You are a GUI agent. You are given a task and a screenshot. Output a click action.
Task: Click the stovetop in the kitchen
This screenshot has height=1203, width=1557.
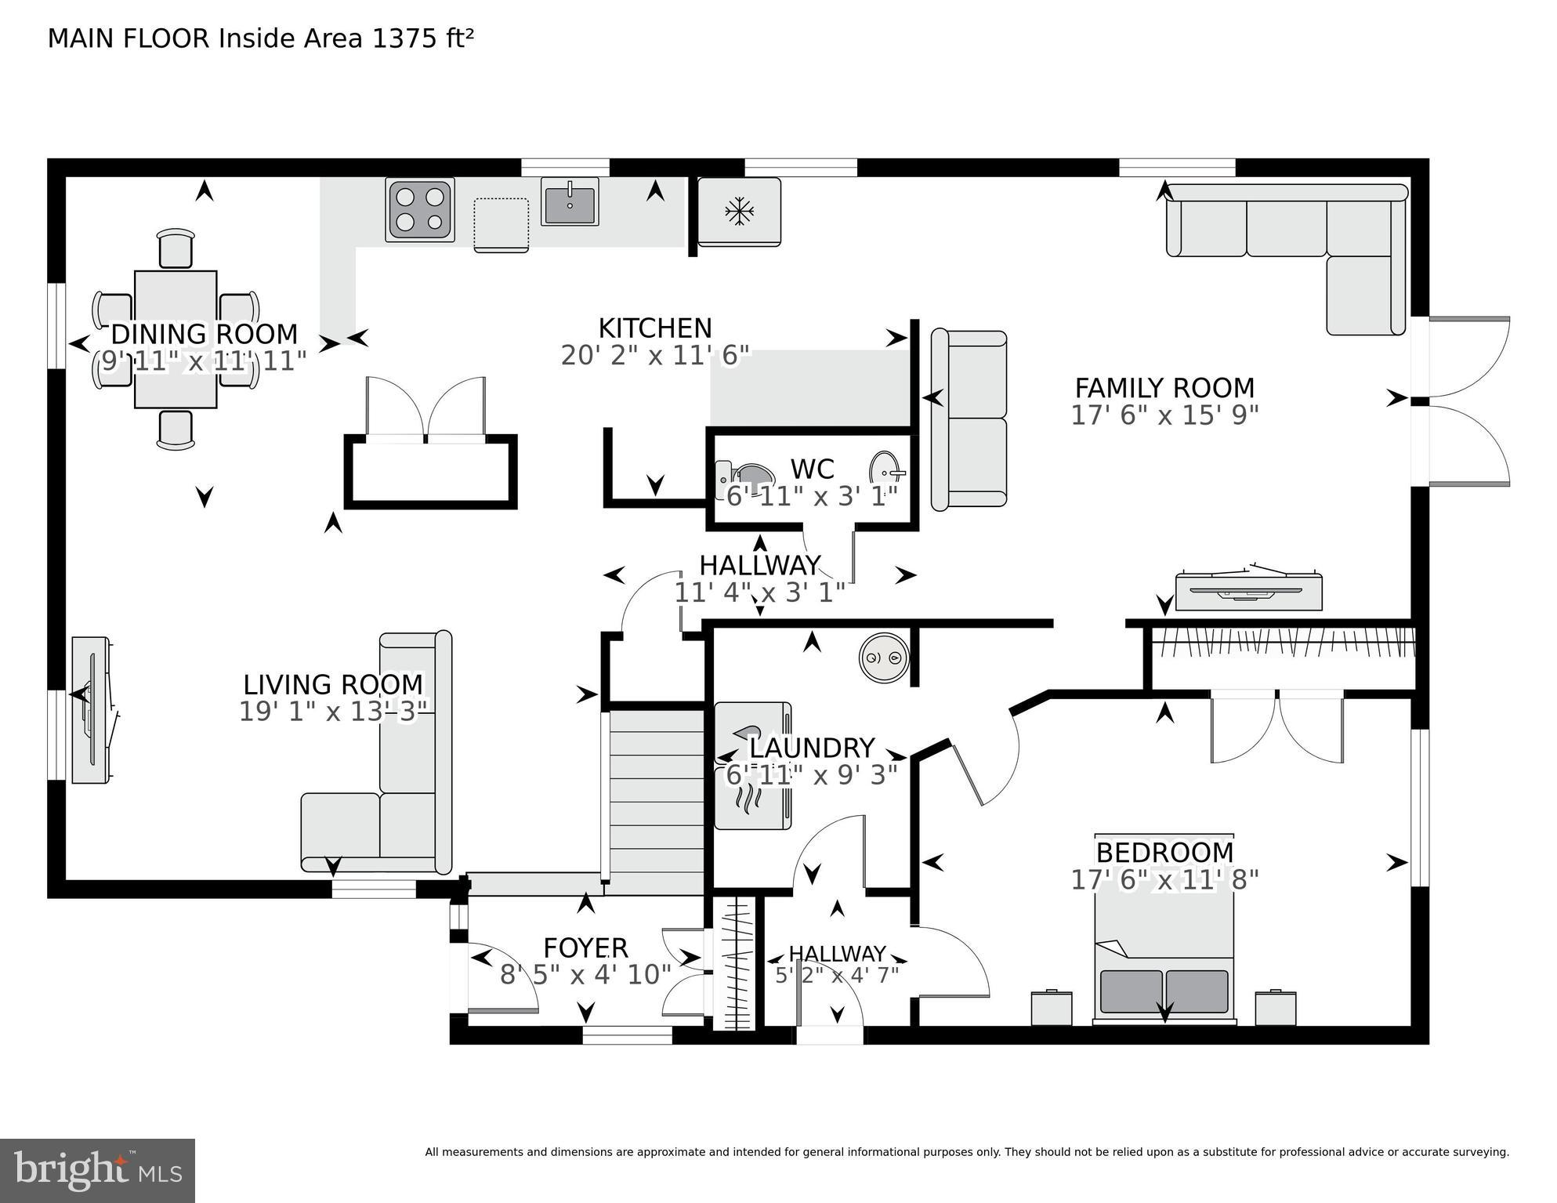pos(420,210)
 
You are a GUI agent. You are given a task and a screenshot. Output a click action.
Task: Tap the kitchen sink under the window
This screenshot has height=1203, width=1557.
pos(570,201)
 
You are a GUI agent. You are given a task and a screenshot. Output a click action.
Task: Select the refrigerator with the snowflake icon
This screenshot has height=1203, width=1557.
pos(739,212)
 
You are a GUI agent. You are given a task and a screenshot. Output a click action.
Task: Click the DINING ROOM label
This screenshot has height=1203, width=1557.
pos(205,335)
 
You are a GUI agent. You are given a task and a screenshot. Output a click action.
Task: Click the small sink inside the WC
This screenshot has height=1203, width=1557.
pos(887,470)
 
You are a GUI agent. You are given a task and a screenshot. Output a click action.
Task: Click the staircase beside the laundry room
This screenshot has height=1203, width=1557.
pos(657,799)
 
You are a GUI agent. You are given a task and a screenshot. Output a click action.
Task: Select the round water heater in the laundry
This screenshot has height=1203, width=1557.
pos(884,657)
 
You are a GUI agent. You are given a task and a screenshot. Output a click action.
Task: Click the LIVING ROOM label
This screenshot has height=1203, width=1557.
pos(333,685)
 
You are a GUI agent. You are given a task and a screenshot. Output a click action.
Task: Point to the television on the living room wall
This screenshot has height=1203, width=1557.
pos(92,709)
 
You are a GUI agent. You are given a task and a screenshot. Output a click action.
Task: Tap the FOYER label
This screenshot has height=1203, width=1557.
pos(585,948)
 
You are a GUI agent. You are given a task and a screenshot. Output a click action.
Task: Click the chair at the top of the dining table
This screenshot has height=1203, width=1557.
pos(175,249)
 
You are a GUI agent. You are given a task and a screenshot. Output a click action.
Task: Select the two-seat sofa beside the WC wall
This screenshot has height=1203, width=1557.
pos(969,419)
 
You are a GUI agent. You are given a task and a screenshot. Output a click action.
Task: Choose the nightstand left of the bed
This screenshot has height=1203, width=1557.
pos(1051,1008)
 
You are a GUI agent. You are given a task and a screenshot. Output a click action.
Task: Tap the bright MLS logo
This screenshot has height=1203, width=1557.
pos(97,1170)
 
